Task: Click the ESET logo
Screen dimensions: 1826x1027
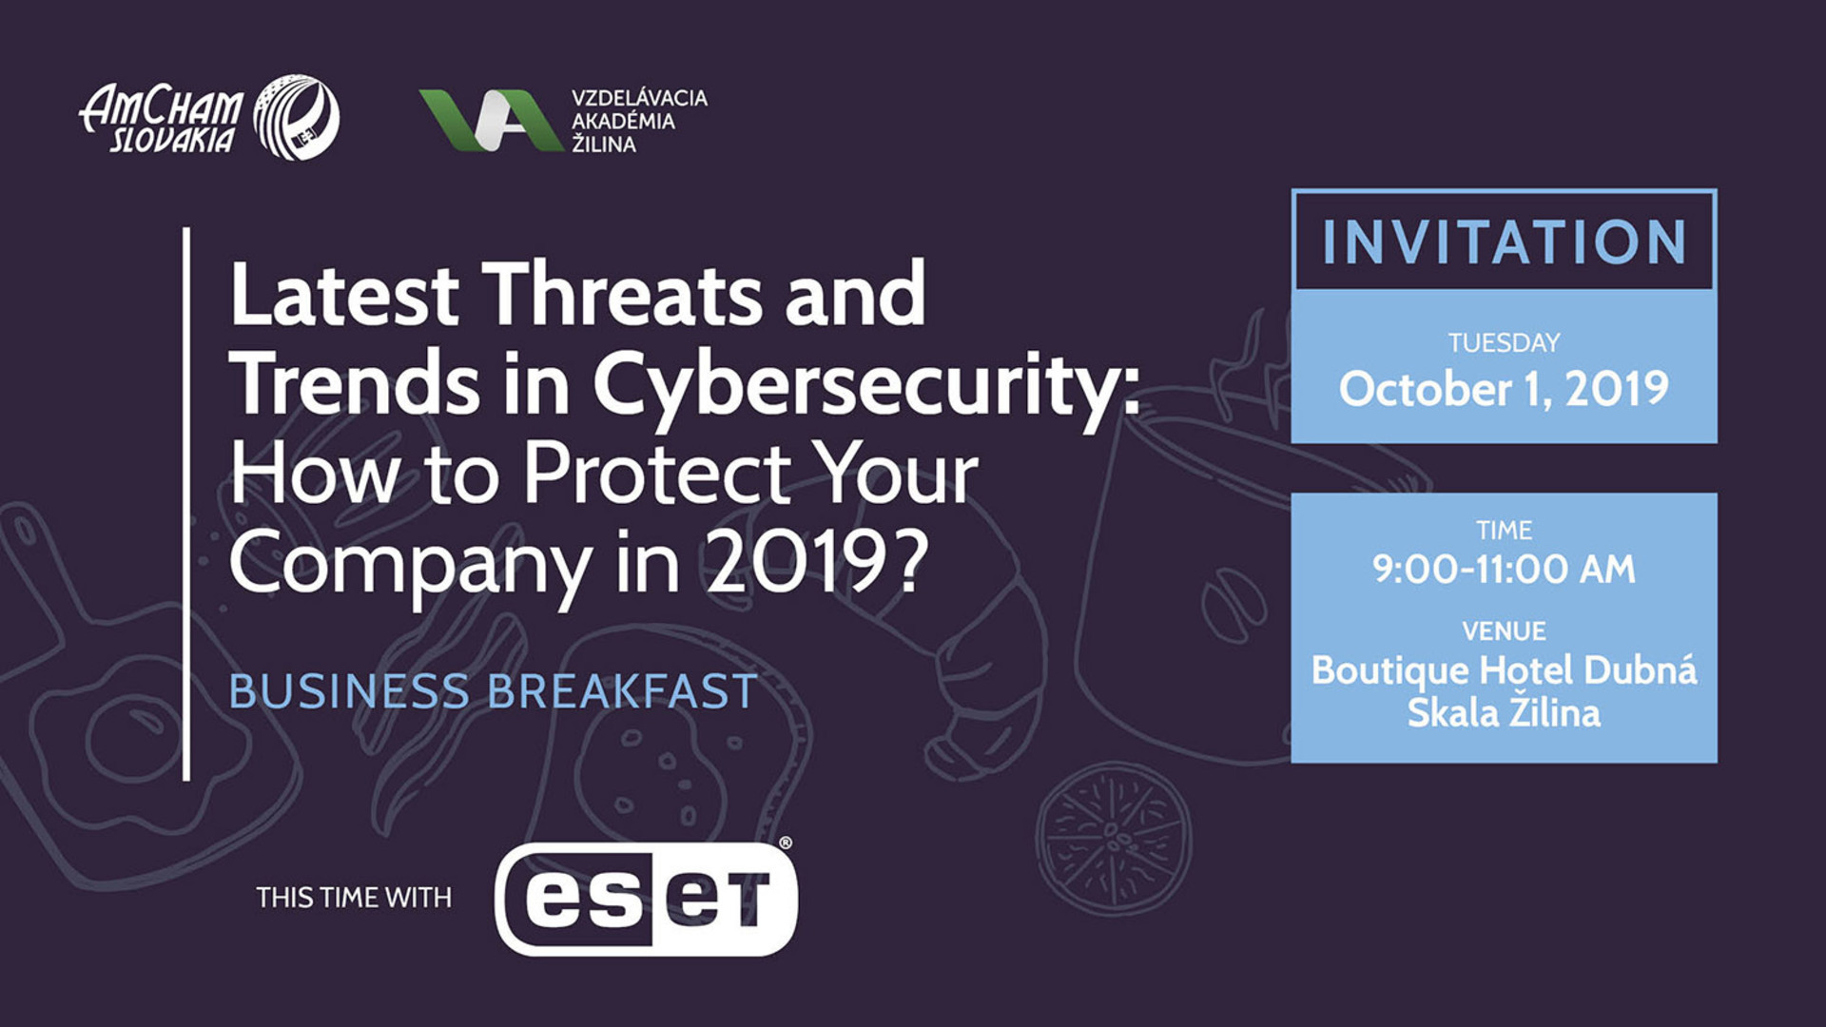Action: click(x=646, y=899)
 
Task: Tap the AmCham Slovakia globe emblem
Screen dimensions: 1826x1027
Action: click(x=297, y=117)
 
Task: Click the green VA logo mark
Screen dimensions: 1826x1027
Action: click(x=491, y=120)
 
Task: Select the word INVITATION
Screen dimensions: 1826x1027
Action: click(x=1505, y=242)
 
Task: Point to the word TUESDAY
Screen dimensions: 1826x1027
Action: click(x=1505, y=342)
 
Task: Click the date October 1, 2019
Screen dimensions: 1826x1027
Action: click(x=1505, y=389)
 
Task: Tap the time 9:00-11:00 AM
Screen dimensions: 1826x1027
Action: click(x=1505, y=569)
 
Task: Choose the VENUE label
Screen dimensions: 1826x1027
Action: click(x=1505, y=630)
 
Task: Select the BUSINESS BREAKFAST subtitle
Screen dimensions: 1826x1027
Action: click(x=493, y=691)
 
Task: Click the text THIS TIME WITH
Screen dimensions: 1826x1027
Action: click(x=354, y=898)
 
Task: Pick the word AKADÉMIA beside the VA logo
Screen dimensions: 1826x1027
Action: click(x=623, y=121)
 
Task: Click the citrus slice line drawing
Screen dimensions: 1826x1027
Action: click(x=1113, y=836)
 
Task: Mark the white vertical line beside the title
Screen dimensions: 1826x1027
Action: click(x=186, y=504)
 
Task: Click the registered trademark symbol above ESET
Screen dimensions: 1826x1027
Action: click(x=786, y=843)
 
